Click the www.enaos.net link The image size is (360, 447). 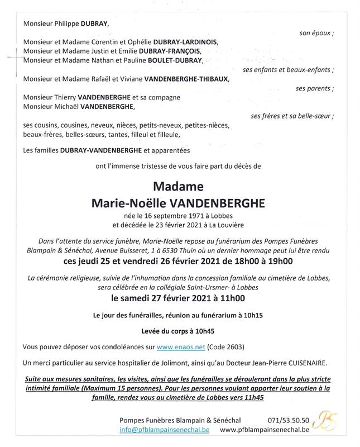(x=179, y=347)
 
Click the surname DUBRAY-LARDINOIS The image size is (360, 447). (x=183, y=42)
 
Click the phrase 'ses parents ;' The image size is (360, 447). (x=315, y=88)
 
